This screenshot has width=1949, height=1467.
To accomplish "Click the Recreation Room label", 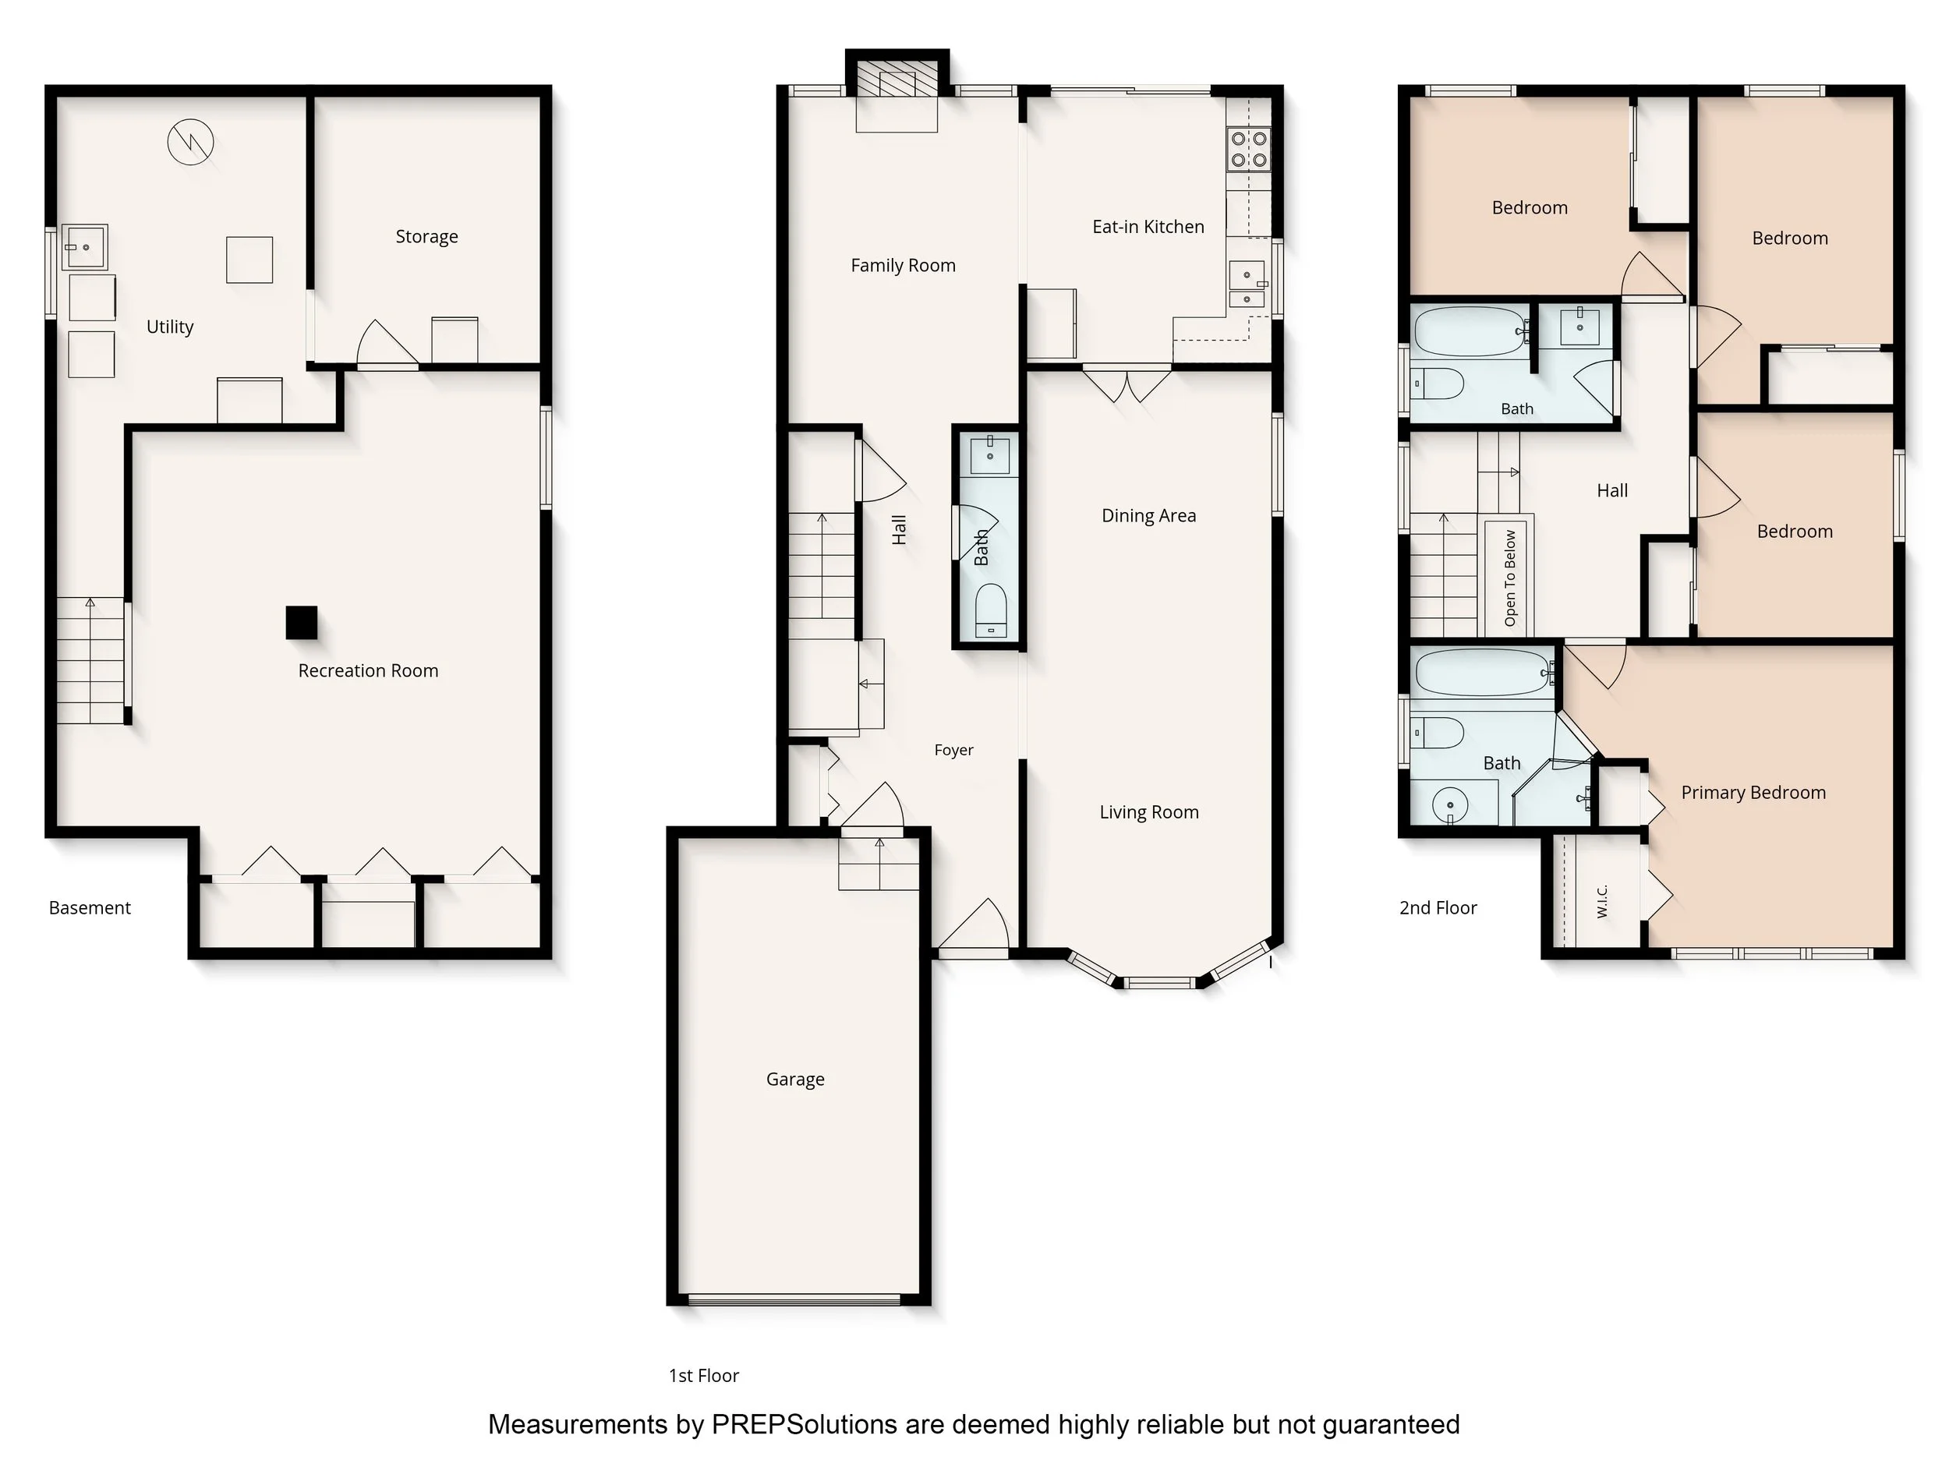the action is pos(368,670).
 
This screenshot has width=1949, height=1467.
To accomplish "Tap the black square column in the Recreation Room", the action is pos(302,623).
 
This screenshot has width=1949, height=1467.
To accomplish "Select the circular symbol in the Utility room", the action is pos(190,142).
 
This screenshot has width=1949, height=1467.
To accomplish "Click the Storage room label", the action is pos(426,237).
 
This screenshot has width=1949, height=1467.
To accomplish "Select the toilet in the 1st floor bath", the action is pos(991,610).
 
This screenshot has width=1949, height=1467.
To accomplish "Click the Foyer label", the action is pos(954,750).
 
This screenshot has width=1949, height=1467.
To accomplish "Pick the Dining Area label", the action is pos(1149,515).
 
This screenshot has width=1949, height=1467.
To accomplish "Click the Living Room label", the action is pos(1149,812).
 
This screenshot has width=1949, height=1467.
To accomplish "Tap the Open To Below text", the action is pos(1510,578).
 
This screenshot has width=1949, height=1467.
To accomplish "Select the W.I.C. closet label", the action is pos(1603,901).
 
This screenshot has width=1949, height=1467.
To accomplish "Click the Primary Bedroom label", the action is pos(1753,793).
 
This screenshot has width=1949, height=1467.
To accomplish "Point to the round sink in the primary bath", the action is pos(1449,804).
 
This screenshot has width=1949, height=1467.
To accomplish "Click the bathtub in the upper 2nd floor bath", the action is pos(1470,331).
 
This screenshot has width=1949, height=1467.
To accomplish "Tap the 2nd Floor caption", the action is pos(1438,907).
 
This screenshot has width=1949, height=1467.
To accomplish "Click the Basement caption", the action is pos(90,907).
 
